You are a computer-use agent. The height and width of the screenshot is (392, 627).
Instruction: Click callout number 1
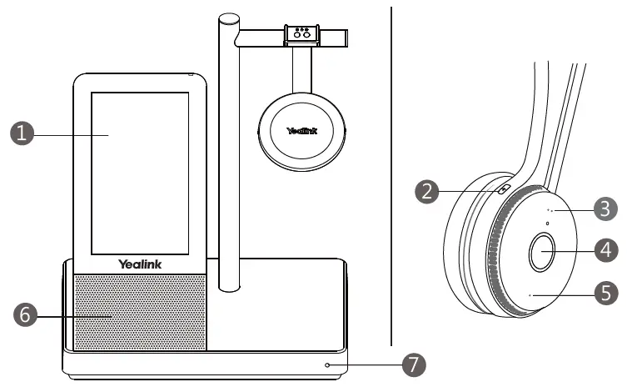coord(22,134)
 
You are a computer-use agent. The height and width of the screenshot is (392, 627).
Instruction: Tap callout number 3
coord(606,208)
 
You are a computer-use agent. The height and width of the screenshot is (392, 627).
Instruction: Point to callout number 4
coord(606,249)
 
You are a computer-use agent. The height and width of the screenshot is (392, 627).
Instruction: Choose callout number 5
coord(606,291)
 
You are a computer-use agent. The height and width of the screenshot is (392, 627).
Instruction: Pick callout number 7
coord(414,364)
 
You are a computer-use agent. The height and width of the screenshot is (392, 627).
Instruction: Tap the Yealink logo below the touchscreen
coord(139,264)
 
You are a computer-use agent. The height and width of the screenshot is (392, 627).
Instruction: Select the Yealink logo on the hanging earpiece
coord(302,131)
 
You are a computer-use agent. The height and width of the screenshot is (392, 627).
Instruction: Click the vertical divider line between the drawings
coord(391,175)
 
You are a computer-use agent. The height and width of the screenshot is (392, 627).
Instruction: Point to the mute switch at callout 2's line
coord(503,188)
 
